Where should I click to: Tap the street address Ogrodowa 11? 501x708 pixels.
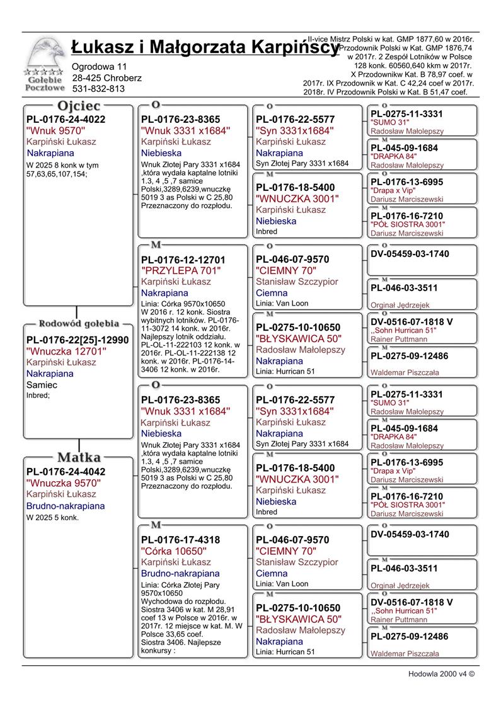tap(100, 66)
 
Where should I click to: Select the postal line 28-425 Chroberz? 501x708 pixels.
tap(107, 77)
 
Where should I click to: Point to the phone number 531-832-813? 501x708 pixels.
tap(98, 89)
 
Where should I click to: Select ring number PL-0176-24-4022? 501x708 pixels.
tap(66, 119)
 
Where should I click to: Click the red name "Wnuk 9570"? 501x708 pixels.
tap(56, 130)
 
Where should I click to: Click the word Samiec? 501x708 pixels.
tap(42, 384)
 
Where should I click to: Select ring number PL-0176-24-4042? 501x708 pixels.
tap(66, 471)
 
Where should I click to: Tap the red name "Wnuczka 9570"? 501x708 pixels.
tap(64, 482)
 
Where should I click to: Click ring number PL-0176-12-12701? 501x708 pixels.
tap(183, 260)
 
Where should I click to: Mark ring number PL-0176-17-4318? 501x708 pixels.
tap(180, 540)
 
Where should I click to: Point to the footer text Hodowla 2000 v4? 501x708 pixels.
tap(441, 673)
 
